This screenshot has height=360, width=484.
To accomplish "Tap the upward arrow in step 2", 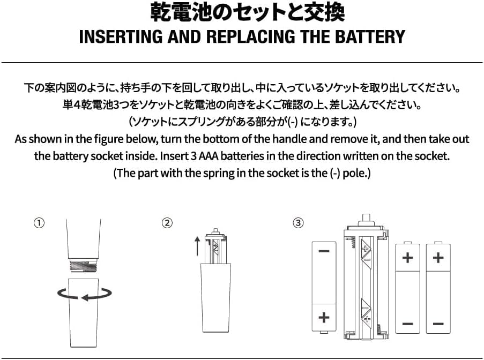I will pos(197,246).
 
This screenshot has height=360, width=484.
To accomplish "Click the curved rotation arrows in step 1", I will pos(85,294).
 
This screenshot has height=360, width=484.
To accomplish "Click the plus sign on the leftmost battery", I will pos(324,317).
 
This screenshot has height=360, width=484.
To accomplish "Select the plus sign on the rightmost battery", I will pos(438,258).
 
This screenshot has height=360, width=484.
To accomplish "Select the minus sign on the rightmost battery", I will pos(438,323).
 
